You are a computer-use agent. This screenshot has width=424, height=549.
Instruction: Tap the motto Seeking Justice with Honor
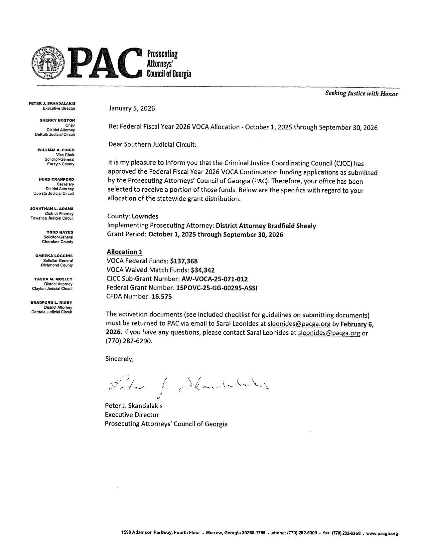361,94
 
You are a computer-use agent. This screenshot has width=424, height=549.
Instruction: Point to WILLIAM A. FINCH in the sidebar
56,150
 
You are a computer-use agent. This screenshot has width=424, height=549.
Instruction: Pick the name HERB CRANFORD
57,179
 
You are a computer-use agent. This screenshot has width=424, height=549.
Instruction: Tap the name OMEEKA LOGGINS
54,256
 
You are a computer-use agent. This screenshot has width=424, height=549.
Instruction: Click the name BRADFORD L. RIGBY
52,302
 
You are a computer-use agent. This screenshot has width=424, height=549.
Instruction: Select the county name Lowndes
145,216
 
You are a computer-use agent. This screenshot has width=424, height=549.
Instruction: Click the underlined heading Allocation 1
124,252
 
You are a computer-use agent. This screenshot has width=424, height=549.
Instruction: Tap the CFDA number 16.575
162,297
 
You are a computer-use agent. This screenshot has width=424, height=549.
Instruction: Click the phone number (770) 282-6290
129,341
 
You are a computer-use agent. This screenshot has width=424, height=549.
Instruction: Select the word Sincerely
119,359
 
